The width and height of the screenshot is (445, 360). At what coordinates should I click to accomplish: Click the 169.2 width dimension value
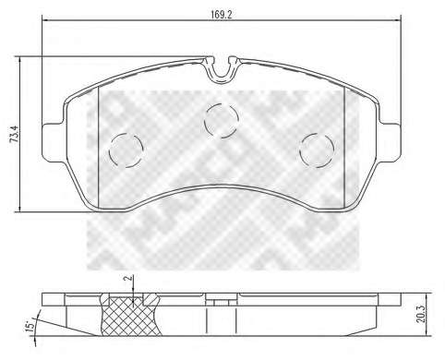tap(222, 14)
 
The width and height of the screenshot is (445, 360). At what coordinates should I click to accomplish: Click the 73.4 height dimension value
tap(14, 135)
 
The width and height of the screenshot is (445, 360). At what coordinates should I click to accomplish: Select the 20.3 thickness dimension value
tap(420, 313)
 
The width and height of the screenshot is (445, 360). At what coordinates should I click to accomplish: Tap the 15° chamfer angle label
tap(30, 326)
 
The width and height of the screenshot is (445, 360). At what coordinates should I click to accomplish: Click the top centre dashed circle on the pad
tap(222, 120)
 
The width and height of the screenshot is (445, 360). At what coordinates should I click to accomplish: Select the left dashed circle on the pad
tap(126, 150)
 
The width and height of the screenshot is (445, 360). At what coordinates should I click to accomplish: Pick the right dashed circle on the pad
tap(317, 150)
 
